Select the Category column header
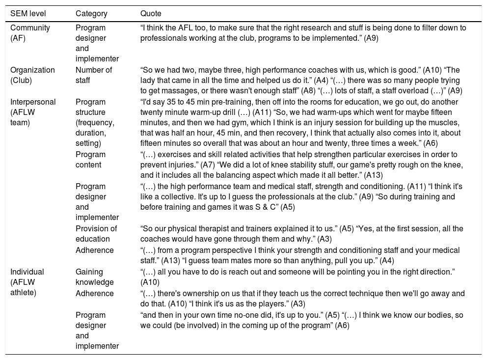tap(91, 13)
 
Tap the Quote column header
tap(151, 13)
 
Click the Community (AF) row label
tap(30, 32)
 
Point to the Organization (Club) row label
tap(32, 75)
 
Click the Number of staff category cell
tap(94, 75)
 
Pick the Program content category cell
tap(90, 159)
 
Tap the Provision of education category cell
tap(96, 233)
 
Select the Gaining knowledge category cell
tap(94, 277)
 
